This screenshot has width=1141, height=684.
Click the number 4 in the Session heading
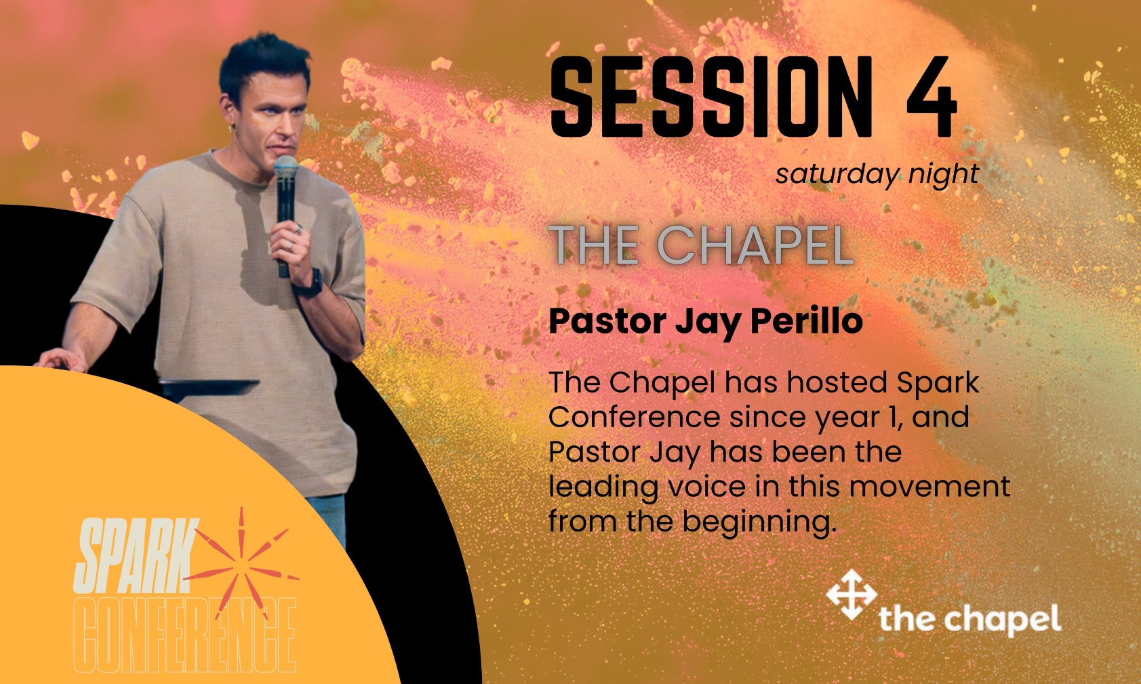(932, 97)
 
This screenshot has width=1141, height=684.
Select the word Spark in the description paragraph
(938, 384)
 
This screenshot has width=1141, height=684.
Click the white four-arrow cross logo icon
(851, 595)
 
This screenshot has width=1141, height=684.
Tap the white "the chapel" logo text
(970, 620)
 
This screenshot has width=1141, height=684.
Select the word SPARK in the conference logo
(136, 556)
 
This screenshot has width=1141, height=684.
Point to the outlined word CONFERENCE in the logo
(184, 635)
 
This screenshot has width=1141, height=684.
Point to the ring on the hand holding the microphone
(289, 246)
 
